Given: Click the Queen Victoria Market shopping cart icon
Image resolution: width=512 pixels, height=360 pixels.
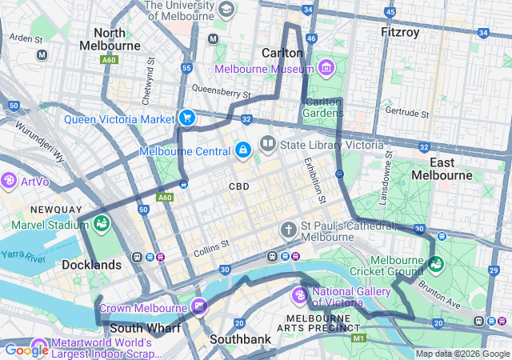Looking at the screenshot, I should coord(186,118).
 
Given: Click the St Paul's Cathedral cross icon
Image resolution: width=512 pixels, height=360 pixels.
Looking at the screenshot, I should coord(289,230).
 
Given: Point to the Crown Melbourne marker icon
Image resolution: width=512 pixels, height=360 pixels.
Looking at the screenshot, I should coord(199,306).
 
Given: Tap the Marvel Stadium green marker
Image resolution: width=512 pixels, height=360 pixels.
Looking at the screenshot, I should coord(101,224).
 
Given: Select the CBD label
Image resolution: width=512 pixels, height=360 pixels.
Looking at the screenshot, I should coord(238,186).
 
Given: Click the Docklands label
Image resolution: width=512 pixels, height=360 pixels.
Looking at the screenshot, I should coord(92,264).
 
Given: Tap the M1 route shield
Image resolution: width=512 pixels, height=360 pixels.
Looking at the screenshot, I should coord(358,339).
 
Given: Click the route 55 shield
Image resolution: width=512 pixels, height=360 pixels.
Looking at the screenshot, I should coord(186,69).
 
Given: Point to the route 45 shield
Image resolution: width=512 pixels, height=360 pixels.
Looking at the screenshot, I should coord(389,13).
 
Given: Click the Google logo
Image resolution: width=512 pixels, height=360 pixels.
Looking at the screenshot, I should coord(26,350).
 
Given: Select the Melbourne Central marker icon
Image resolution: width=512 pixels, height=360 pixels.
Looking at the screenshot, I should coord(242,150).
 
